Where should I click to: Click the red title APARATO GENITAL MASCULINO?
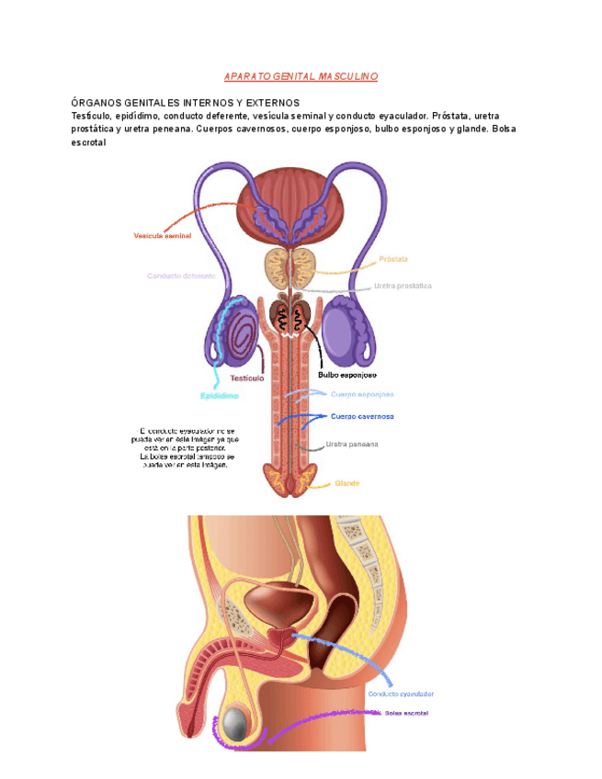(x=301, y=76)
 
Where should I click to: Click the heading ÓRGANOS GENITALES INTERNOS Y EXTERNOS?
(x=185, y=103)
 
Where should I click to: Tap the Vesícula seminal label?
(x=163, y=236)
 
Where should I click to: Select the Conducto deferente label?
(x=181, y=276)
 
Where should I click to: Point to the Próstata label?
(x=393, y=259)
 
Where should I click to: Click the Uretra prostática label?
(x=403, y=286)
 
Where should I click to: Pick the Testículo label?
(x=246, y=378)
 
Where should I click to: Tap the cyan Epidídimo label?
(x=220, y=396)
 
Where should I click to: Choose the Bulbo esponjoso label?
(x=347, y=375)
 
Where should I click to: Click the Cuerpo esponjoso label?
(x=362, y=394)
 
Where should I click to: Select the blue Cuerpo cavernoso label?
(x=362, y=416)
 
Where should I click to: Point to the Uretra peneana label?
(x=352, y=445)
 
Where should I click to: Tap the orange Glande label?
(x=347, y=483)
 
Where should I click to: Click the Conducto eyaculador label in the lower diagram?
(x=401, y=694)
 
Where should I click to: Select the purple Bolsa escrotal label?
(x=406, y=713)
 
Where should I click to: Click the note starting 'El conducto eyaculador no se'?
(x=187, y=447)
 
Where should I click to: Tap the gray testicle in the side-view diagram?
(x=237, y=726)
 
